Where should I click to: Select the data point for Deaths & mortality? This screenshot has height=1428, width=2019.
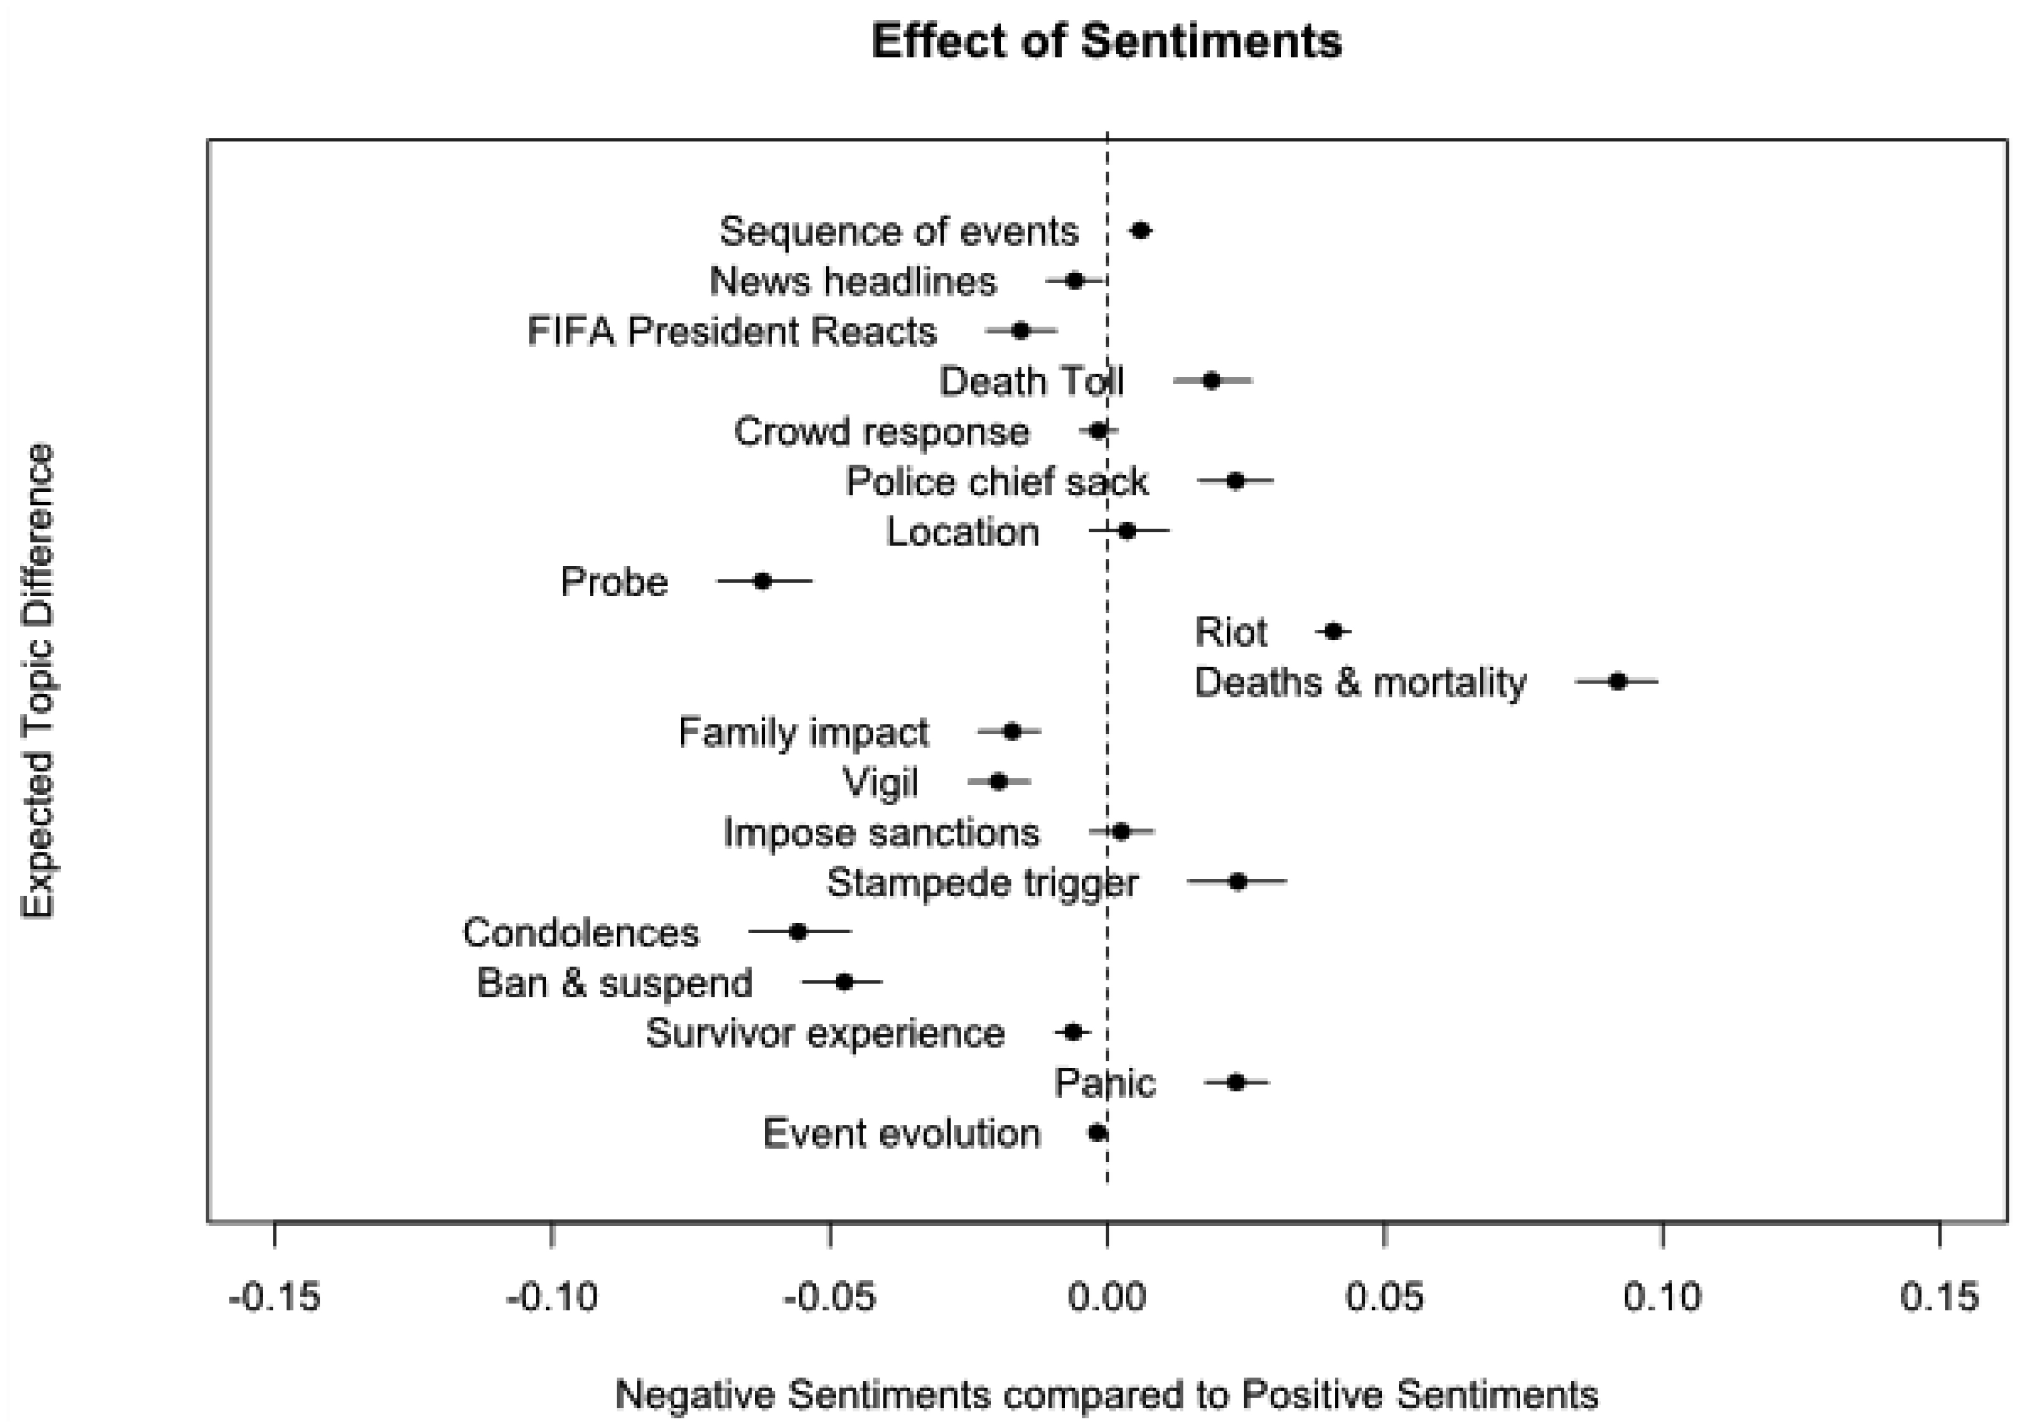pyautogui.click(x=1617, y=681)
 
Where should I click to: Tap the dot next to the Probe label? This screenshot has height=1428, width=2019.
pyautogui.click(x=763, y=581)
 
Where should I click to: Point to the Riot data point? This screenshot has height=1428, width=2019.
pyautogui.click(x=1333, y=631)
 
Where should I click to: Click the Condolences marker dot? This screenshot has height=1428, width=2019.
pyautogui.click(x=798, y=932)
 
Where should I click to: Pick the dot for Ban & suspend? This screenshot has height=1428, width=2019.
pyautogui.click(x=844, y=982)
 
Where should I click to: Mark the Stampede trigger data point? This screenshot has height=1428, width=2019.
pyautogui.click(x=1238, y=882)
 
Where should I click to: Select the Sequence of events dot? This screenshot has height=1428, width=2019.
pyautogui.click(x=1140, y=230)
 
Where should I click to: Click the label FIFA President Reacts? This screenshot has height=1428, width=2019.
pyautogui.click(x=732, y=331)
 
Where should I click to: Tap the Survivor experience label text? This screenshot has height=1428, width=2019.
pyautogui.click(x=825, y=1033)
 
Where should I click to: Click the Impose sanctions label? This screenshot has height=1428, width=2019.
pyautogui.click(x=881, y=833)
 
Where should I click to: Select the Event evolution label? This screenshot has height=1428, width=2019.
pyautogui.click(x=902, y=1133)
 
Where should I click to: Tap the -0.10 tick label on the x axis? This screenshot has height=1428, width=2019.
pyautogui.click(x=552, y=1297)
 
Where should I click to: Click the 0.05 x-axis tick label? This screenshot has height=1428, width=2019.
pyautogui.click(x=1384, y=1297)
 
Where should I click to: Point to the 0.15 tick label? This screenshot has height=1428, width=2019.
pyautogui.click(x=1940, y=1297)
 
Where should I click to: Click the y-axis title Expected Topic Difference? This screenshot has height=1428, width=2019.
pyautogui.click(x=38, y=681)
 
